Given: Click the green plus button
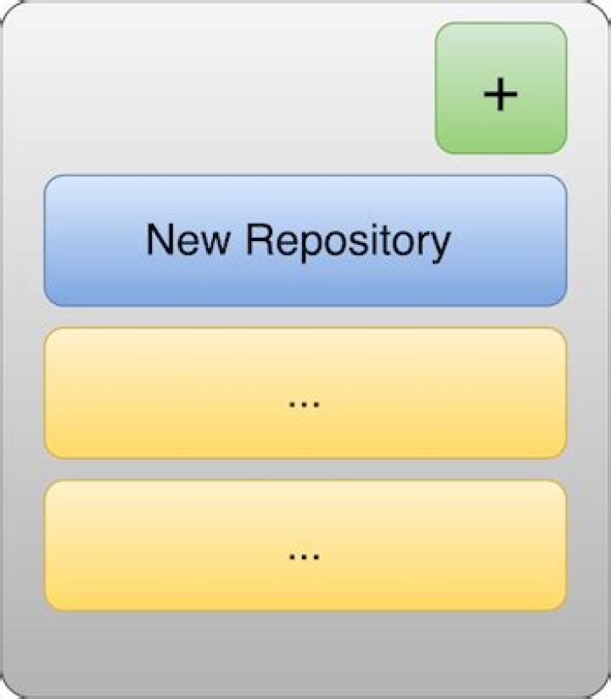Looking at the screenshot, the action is tap(501, 88).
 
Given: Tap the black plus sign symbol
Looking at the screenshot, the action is tap(501, 94).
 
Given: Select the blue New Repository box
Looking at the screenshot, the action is tap(305, 240).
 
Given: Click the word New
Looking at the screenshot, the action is tap(188, 240).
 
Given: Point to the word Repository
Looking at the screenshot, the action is tap(349, 244).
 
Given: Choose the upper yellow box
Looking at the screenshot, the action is tap(305, 393).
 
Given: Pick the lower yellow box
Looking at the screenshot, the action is tap(305, 545).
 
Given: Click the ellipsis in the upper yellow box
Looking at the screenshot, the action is tap(305, 405).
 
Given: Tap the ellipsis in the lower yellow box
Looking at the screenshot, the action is tap(305, 557).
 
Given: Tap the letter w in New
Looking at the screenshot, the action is tap(216, 244).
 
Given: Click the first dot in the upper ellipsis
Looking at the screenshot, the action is tap(293, 405).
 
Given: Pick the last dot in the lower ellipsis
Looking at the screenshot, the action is tap(317, 557).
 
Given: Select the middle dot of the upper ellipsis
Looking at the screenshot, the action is tap(305, 405).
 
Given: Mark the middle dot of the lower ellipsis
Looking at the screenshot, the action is tap(305, 557).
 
